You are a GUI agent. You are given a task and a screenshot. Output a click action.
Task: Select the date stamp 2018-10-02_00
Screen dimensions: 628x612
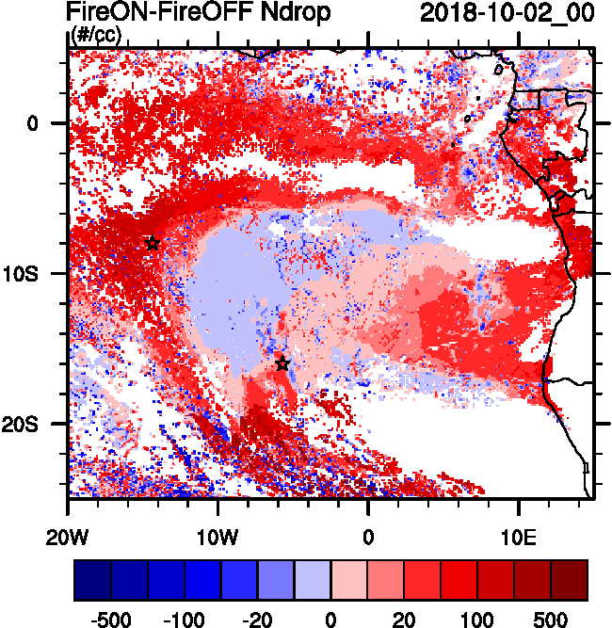click(507, 13)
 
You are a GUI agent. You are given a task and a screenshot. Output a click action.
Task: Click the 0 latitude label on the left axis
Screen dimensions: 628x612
click(32, 122)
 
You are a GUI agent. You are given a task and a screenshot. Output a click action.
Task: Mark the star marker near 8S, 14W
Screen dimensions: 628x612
click(153, 244)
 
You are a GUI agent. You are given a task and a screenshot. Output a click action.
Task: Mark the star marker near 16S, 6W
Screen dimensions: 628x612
click(282, 364)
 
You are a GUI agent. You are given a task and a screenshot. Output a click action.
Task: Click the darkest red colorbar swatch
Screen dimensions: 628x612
click(569, 580)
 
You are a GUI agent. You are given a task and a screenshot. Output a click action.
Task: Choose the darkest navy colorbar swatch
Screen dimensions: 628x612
click(92, 580)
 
